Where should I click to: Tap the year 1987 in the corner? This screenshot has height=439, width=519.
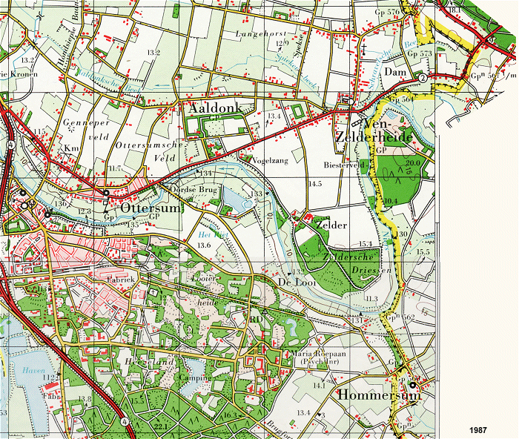click(478, 430)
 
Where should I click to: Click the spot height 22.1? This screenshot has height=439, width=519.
click(160, 426)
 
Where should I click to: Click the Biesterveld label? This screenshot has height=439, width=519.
click(340, 165)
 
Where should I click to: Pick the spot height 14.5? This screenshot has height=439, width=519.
click(316, 182)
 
